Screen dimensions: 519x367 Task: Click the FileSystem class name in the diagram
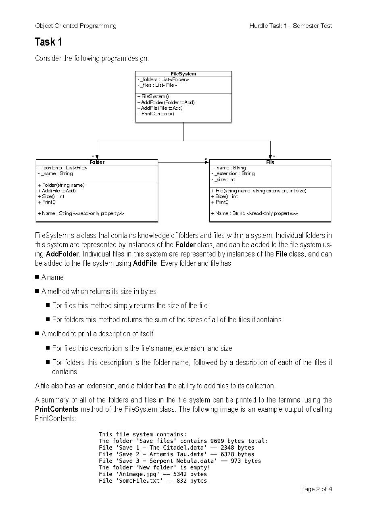tap(183, 74)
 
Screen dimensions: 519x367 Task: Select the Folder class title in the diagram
tap(97, 162)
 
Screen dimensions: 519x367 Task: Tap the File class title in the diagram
tap(270, 162)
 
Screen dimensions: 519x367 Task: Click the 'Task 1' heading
tap(48, 42)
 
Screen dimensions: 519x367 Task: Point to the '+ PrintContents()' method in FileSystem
tap(156, 114)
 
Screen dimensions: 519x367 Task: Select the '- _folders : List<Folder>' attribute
tap(163, 79)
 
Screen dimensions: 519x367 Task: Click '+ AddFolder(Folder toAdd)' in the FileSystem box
tap(166, 102)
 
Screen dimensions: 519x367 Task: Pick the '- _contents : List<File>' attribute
tap(63, 168)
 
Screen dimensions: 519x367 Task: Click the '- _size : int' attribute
tap(223, 179)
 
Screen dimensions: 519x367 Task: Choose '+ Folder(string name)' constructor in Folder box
tap(61, 185)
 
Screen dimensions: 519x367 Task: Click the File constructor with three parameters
tap(259, 191)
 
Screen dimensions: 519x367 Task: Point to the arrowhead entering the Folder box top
tap(97, 157)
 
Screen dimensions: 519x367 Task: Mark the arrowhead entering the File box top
tap(270, 157)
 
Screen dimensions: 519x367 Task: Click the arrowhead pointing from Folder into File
tap(207, 162)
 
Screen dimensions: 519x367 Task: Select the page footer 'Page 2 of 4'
tap(316, 489)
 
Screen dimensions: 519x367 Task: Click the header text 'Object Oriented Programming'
tap(76, 26)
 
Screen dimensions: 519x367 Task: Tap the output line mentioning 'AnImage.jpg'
tap(152, 474)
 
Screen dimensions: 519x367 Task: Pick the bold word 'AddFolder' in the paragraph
tap(62, 254)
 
